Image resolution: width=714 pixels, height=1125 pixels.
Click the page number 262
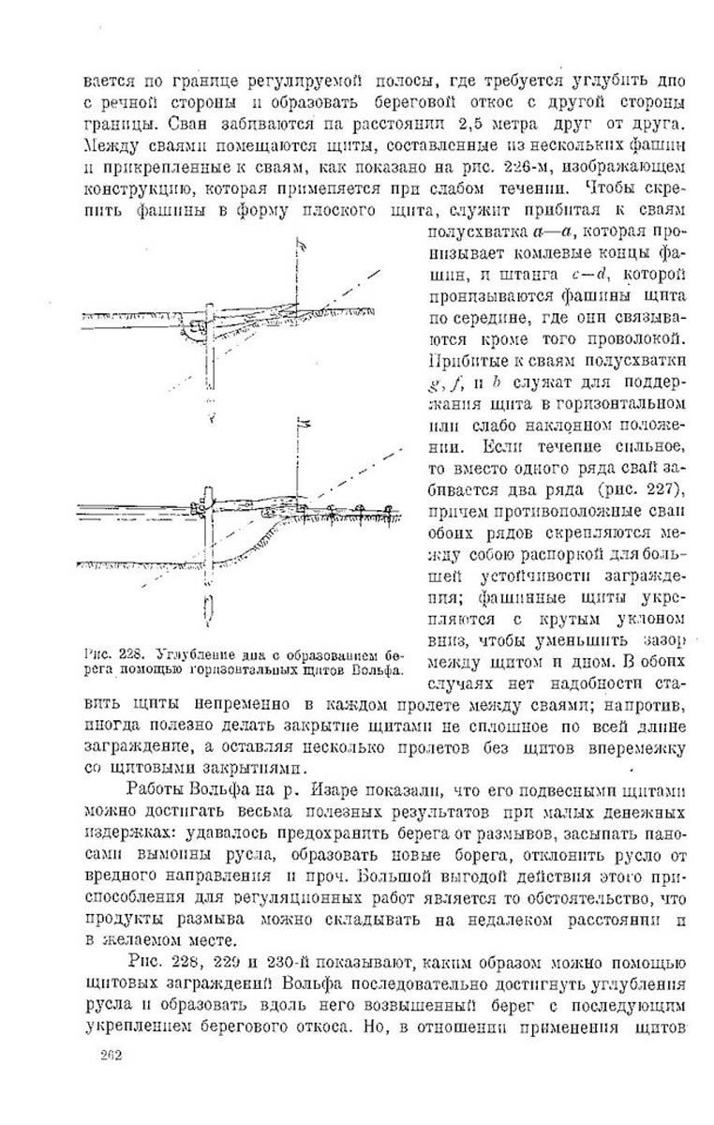pyautogui.click(x=112, y=1080)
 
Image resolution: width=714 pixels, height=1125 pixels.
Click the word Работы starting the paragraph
pyautogui.click(x=152, y=792)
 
